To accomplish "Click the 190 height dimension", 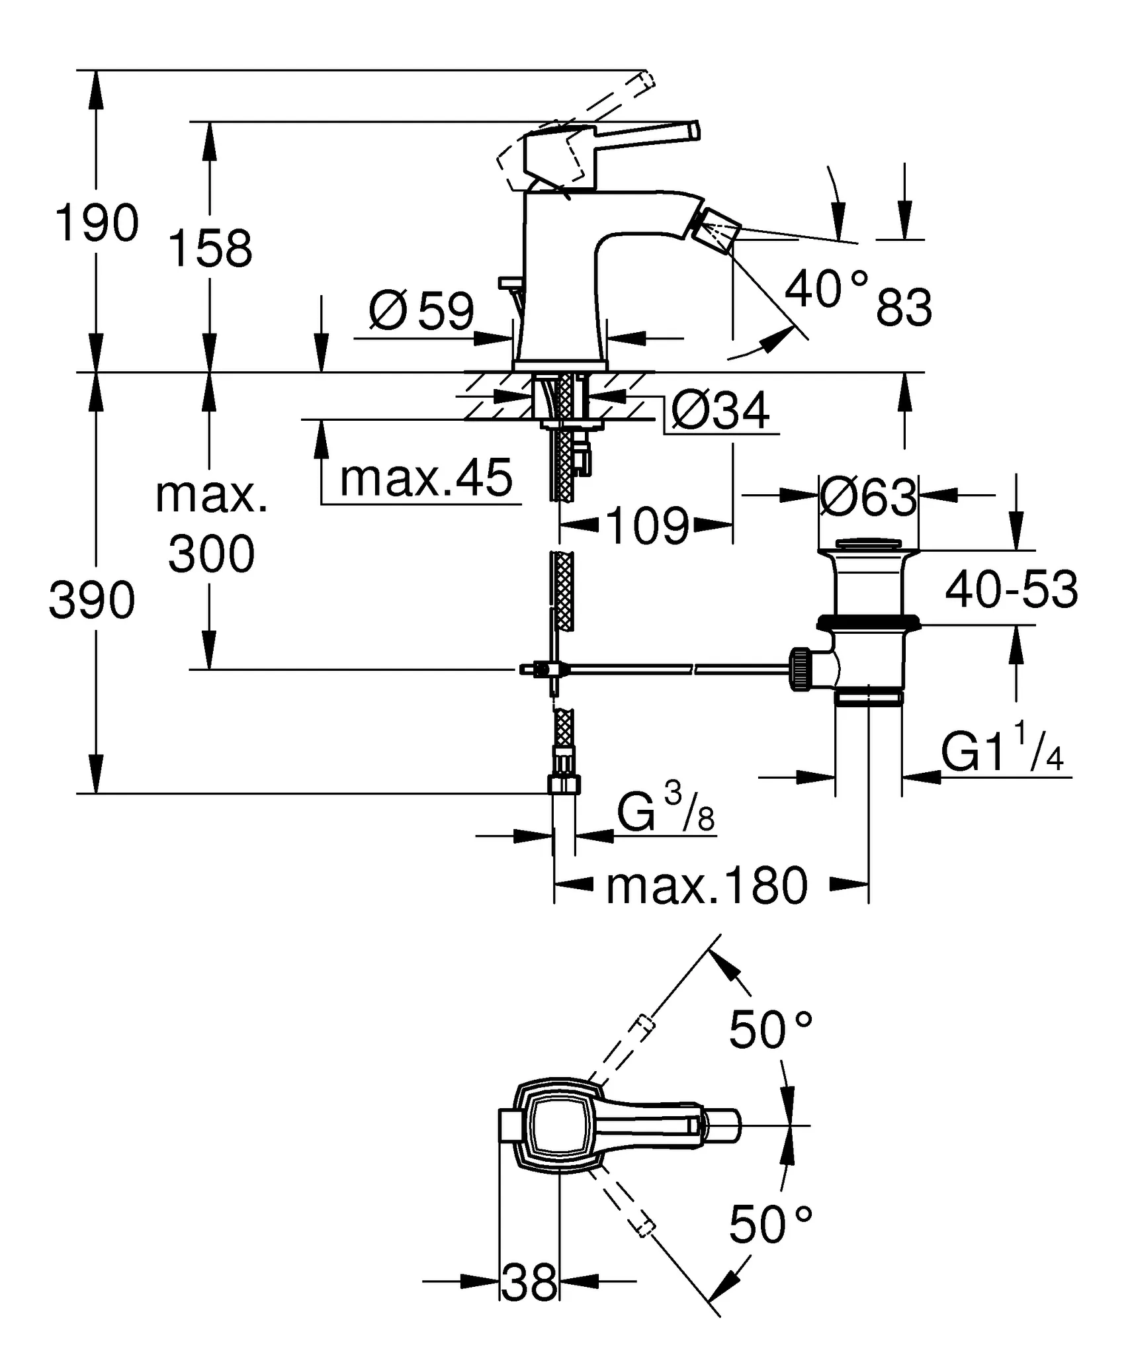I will [97, 223].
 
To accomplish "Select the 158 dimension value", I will [210, 249].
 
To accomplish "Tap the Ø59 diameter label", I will [421, 310].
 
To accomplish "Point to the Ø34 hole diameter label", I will [720, 411].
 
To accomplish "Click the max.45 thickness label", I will [425, 478].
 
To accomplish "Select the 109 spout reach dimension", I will [646, 526].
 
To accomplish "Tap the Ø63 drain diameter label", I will [868, 497].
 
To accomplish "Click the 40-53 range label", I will [1011, 590].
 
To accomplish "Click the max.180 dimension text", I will [707, 887].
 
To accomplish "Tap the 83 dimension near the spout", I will [904, 307].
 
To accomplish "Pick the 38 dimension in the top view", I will [529, 1282].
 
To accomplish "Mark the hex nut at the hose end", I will [564, 785].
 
